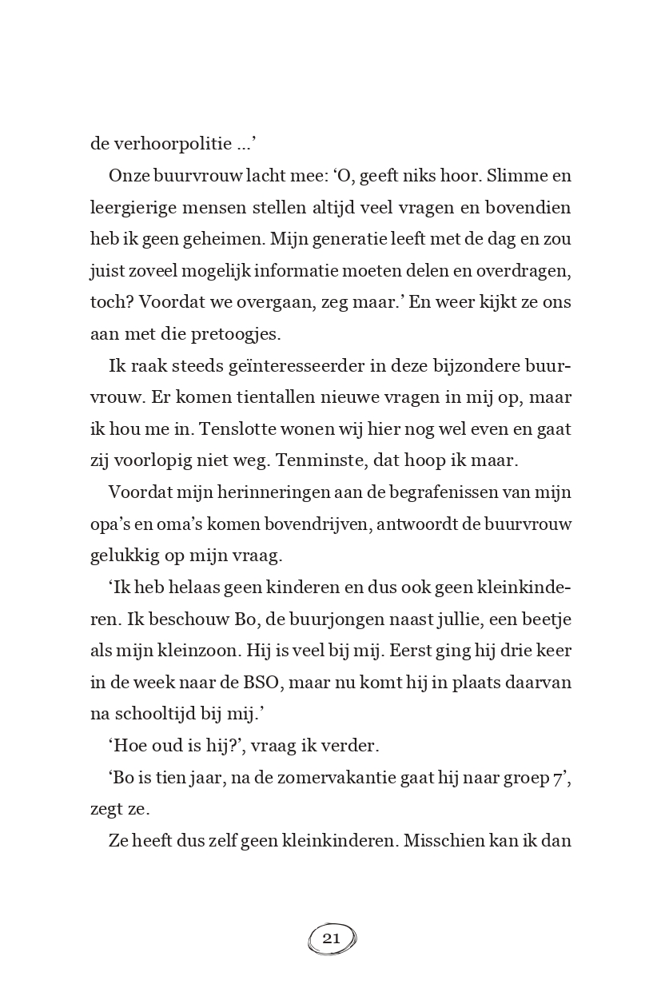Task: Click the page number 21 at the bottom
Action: [332, 938]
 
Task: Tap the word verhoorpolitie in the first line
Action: [170, 144]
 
